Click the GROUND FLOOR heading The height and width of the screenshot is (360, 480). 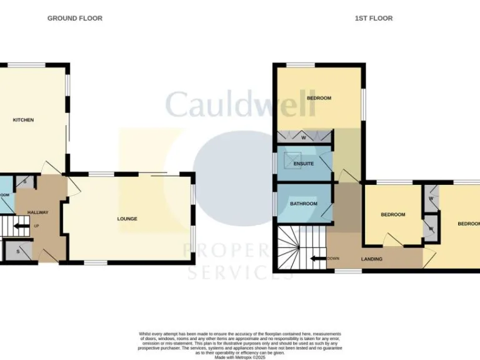(75, 18)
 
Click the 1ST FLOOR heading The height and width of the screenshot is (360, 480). (374, 18)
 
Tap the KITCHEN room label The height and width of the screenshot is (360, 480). (24, 120)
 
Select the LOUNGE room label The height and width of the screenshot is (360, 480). (127, 219)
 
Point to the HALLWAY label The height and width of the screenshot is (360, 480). (37, 212)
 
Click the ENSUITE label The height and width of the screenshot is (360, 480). (304, 164)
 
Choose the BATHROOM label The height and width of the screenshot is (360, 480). (304, 204)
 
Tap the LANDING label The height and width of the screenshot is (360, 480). (372, 259)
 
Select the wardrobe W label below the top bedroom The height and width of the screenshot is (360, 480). (304, 137)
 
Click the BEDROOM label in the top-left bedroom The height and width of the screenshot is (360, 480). (319, 98)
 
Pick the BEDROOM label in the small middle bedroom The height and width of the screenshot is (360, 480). (393, 215)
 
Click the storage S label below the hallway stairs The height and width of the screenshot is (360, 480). (19, 251)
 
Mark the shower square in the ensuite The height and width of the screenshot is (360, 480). (292, 160)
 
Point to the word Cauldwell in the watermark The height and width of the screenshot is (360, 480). (241, 105)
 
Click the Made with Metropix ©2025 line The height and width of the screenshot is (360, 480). (240, 357)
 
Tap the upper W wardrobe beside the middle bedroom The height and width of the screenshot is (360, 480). (431, 198)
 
